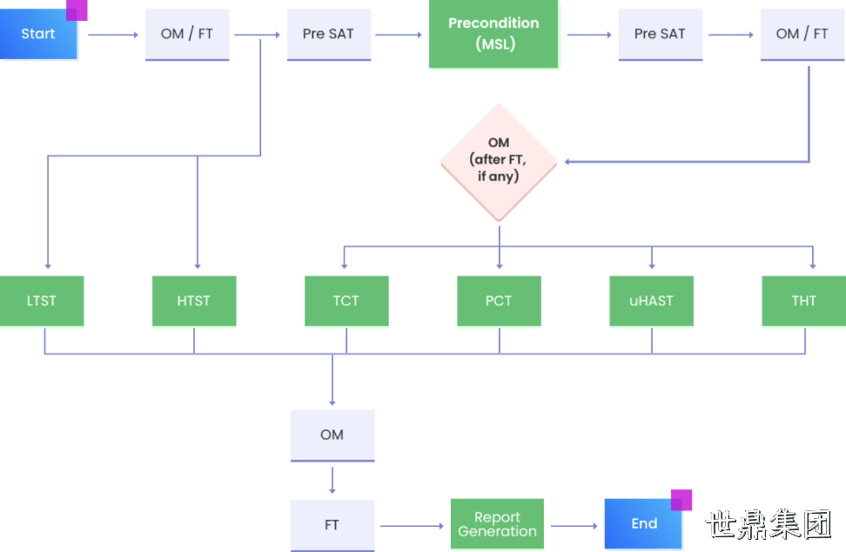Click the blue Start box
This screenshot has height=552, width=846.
[x=38, y=34]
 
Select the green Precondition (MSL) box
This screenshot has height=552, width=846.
[x=493, y=34]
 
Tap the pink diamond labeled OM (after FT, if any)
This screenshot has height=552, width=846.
[x=499, y=162]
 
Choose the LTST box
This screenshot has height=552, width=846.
[x=42, y=301]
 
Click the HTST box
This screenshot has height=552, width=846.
[x=194, y=301]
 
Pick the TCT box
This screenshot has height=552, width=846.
[x=346, y=301]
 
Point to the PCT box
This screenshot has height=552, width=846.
[x=499, y=301]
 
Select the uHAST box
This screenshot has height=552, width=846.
[x=651, y=301]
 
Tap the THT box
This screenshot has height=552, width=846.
[x=804, y=301]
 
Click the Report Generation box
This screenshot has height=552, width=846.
[x=497, y=524]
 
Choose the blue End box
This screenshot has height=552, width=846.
[x=643, y=523]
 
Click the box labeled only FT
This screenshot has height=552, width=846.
[x=332, y=525]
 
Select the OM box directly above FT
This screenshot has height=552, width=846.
[x=332, y=435]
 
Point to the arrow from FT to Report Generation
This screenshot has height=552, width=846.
[x=413, y=526]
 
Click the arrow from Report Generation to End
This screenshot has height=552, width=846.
[x=574, y=526]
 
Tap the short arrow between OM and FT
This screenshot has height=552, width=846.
[x=332, y=481]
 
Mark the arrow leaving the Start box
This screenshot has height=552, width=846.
[x=113, y=35]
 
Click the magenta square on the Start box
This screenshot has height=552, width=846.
[x=77, y=10]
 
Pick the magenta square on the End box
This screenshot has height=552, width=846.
[x=681, y=500]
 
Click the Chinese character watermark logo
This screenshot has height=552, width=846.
[x=769, y=524]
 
